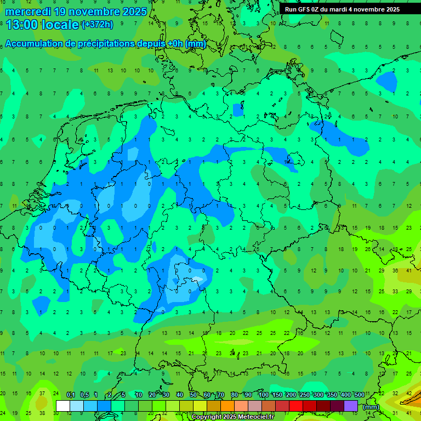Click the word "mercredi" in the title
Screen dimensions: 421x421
29,11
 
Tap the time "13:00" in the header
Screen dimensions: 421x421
22,24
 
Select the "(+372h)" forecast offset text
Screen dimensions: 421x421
97,24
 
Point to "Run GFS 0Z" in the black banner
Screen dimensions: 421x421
305,9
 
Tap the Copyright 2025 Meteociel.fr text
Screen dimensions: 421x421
232,417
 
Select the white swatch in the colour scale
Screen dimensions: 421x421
63,406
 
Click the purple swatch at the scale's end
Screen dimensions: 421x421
351,406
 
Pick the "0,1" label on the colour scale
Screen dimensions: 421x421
71,395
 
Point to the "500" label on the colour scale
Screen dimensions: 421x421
359,395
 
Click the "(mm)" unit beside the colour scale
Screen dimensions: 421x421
371,407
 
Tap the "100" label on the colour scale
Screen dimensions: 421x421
263,395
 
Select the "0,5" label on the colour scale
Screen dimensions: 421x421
84,395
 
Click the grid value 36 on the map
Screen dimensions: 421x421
395,270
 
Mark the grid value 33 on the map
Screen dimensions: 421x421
395,291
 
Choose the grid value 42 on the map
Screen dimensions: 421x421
409,393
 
